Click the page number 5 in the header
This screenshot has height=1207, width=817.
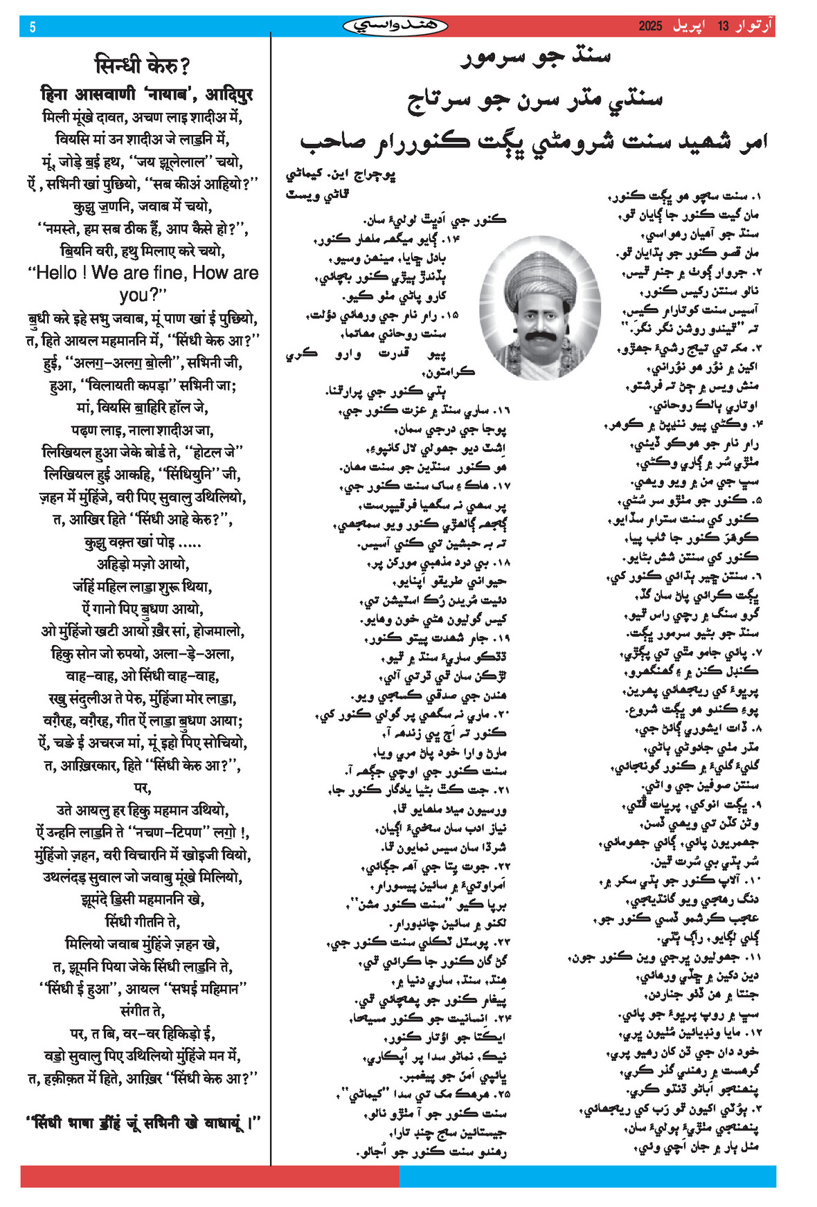click(x=33, y=27)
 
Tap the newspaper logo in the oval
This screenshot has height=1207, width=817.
click(x=395, y=26)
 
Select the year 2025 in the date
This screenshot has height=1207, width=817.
click(x=650, y=26)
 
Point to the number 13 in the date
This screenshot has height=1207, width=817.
click(x=723, y=26)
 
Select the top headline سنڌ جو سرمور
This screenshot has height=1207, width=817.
click(x=535, y=57)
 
